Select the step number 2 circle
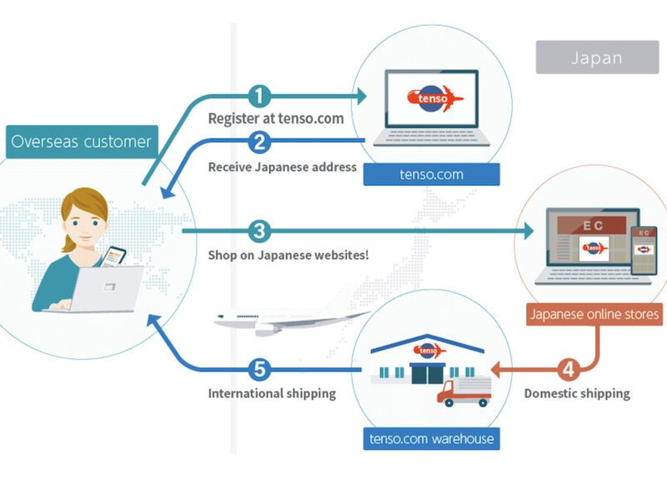coord(260,141)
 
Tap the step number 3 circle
coord(260,230)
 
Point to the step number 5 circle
coord(260,368)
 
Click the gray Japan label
coord(597,58)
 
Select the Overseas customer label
coord(81,141)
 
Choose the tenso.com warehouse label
coord(431,438)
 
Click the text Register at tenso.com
coord(276,119)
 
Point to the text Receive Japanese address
coord(282,167)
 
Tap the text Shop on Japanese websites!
coord(288,255)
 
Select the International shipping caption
coord(272,393)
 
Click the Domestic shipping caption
coord(577,393)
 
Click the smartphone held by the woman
coord(113,256)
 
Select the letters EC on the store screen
coord(591,225)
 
